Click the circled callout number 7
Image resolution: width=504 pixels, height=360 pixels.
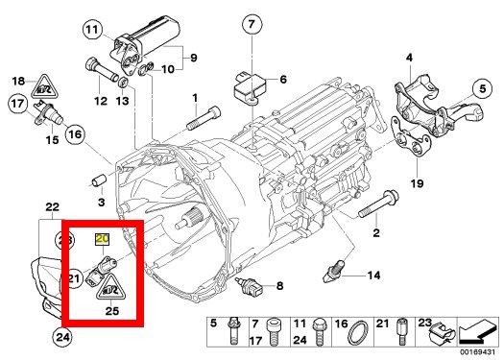[x=252, y=23]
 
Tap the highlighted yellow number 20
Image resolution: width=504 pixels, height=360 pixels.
[x=103, y=239]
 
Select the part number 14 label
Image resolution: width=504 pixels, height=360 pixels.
[x=373, y=276]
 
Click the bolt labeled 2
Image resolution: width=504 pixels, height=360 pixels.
[x=378, y=204]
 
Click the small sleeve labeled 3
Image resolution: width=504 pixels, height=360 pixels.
[x=99, y=180]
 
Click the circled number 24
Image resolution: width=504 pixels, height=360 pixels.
[x=61, y=337]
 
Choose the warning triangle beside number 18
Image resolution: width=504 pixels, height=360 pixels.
[x=45, y=86]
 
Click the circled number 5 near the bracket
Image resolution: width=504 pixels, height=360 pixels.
[x=483, y=88]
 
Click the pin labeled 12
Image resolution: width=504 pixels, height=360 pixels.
[x=100, y=71]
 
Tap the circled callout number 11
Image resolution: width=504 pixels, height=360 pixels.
[x=93, y=30]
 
